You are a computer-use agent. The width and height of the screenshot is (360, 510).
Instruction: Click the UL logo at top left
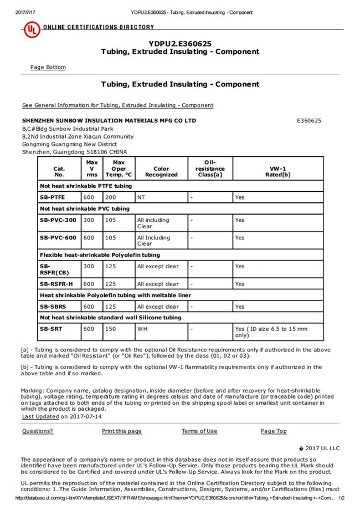click(32, 29)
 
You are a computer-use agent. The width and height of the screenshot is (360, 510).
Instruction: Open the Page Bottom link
click(48, 68)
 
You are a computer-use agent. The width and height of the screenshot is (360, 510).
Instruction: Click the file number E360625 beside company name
click(309, 120)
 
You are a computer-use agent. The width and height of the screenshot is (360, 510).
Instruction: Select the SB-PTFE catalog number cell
click(53, 197)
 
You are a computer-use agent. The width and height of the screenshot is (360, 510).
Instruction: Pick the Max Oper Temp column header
click(119, 169)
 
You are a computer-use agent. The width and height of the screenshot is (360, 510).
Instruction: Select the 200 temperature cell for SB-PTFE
click(111, 197)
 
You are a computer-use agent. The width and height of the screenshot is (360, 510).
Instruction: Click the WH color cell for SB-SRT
click(142, 329)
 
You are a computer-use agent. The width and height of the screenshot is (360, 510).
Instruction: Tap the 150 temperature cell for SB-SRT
click(111, 329)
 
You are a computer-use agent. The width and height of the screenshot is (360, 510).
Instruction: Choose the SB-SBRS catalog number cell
click(53, 307)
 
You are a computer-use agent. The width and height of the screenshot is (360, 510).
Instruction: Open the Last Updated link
click(40, 416)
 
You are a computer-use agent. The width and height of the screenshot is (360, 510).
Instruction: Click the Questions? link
click(38, 431)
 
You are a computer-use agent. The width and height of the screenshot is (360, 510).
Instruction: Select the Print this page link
click(122, 431)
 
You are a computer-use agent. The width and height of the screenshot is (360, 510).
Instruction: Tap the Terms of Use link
click(199, 431)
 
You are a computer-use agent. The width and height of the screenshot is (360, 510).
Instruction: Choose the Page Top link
click(274, 431)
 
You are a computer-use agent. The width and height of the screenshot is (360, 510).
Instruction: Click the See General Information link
click(117, 105)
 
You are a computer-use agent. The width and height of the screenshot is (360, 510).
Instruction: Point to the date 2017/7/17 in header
click(24, 12)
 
